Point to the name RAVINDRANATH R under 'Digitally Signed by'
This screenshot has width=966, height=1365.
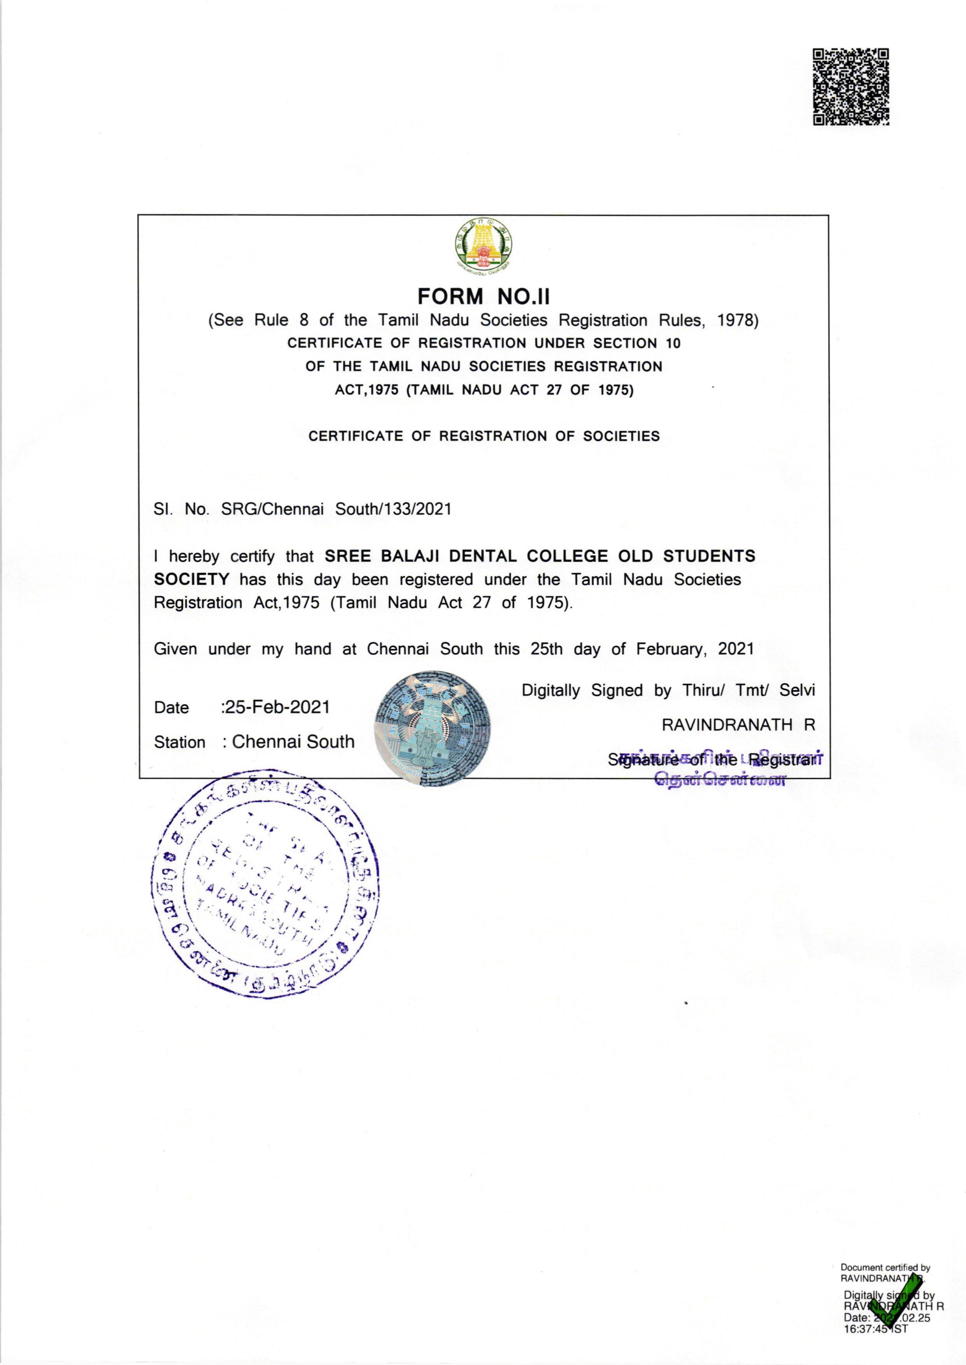738,724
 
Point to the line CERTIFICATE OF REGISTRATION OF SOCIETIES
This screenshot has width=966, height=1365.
484,436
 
